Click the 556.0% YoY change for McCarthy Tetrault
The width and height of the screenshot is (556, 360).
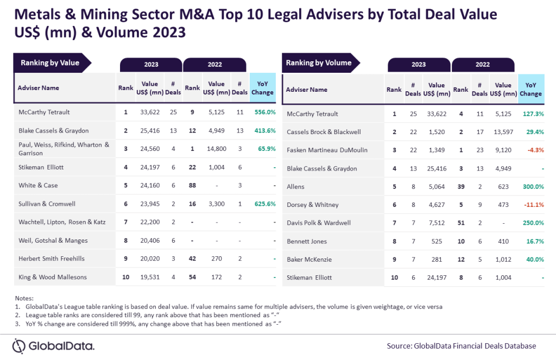264,112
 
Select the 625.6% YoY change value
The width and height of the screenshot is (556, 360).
264,204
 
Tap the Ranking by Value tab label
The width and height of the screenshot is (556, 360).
50,63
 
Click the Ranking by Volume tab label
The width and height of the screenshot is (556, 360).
319,63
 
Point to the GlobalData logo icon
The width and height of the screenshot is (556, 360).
20,346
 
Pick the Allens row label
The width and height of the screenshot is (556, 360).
295,186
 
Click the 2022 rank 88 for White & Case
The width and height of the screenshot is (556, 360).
192,185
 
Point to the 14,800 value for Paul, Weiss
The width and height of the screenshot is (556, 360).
216,148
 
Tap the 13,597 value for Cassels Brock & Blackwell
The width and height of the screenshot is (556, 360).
503,132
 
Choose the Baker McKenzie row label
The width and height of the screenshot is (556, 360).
308,259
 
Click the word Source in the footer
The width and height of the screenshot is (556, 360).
399,346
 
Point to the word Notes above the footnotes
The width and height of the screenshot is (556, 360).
24,298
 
